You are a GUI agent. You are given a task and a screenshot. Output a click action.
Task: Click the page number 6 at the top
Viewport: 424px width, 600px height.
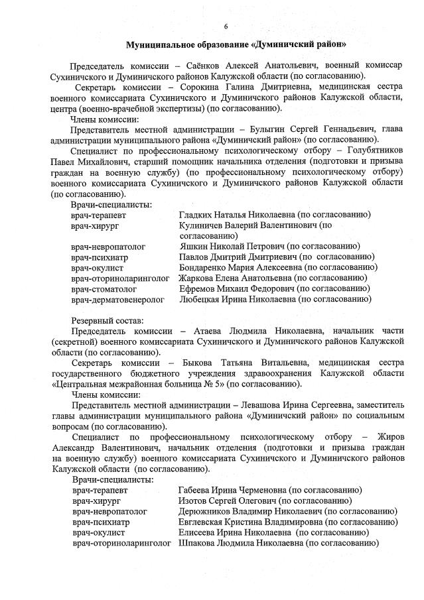(226, 27)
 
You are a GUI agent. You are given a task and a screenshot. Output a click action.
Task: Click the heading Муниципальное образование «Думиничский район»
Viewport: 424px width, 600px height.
(236, 45)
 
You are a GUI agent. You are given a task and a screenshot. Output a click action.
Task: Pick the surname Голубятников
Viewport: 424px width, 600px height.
(373, 150)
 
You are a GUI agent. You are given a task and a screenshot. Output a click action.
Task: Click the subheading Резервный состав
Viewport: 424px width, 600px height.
(102, 320)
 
